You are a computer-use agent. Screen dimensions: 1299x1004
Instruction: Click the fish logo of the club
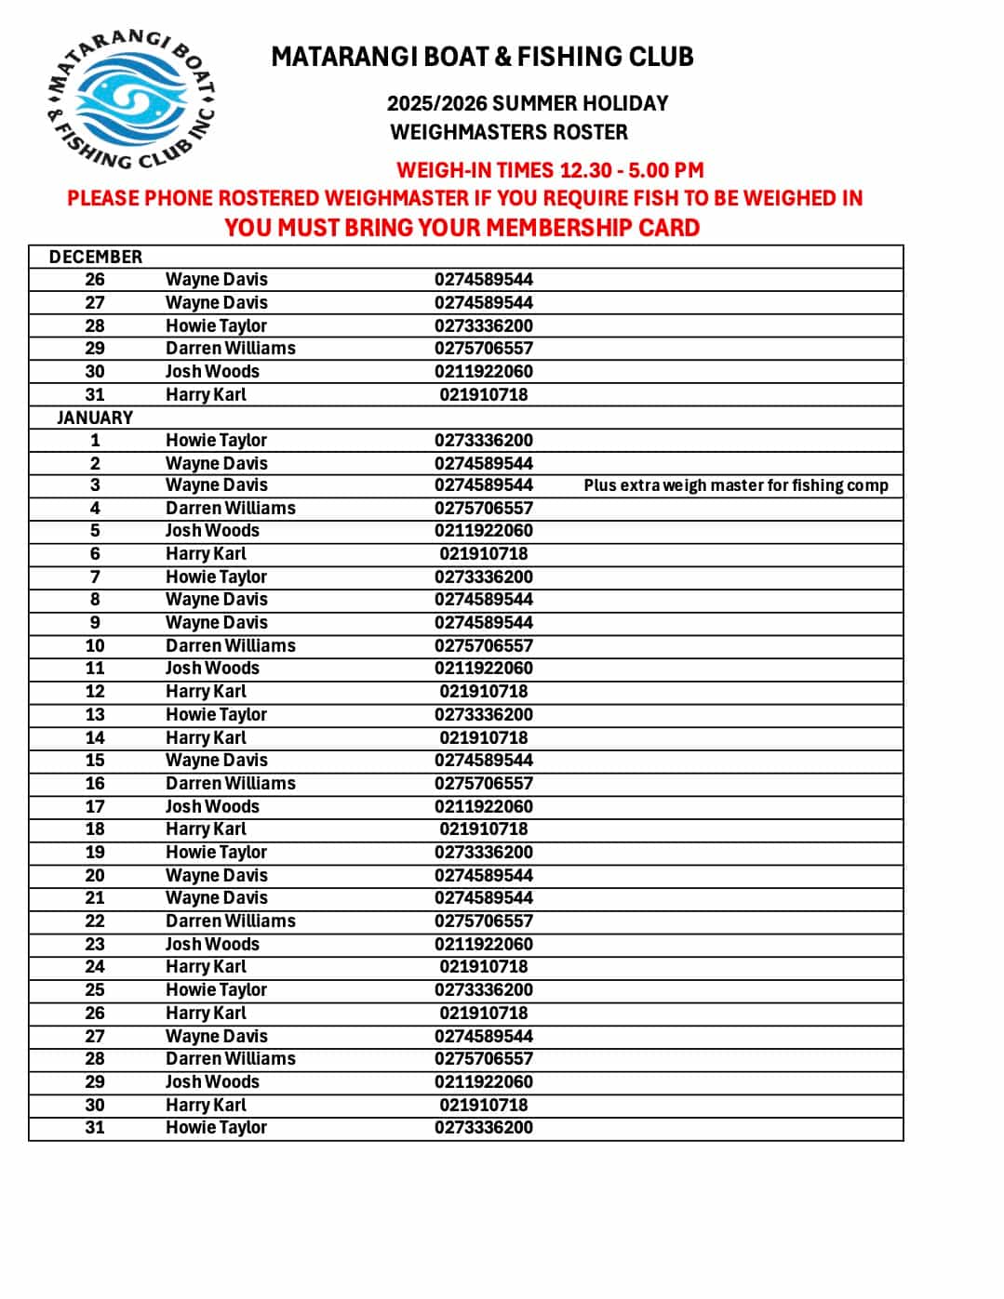(x=131, y=99)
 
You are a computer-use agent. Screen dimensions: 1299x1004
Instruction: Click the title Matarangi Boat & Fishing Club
(x=482, y=58)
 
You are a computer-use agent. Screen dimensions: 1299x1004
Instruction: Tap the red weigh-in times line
(x=550, y=170)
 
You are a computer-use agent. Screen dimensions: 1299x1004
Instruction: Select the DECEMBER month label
(x=96, y=257)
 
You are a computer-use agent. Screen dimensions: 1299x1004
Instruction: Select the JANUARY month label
(x=95, y=418)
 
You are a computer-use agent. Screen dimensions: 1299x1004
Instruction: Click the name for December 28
(x=216, y=325)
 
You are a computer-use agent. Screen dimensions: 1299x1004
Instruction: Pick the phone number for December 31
(x=484, y=394)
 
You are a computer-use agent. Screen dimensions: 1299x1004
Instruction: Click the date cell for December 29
(x=95, y=348)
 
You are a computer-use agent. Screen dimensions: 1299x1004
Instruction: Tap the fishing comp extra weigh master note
(x=735, y=485)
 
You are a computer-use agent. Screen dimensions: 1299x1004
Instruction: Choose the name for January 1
(x=216, y=440)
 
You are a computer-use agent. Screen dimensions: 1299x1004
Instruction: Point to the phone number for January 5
(x=484, y=530)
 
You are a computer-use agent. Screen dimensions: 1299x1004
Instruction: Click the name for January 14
(x=206, y=737)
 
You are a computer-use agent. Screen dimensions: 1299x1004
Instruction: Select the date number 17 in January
(x=95, y=806)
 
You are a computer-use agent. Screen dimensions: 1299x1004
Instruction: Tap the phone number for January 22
(x=484, y=921)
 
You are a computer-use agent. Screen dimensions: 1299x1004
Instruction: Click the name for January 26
(x=206, y=1013)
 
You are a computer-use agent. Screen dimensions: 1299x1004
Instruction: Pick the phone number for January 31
(x=484, y=1127)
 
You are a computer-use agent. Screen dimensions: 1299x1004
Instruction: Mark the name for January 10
(x=231, y=645)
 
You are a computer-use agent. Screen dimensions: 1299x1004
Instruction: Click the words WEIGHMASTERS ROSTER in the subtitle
(x=509, y=132)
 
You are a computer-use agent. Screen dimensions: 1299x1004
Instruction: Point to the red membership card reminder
(x=462, y=228)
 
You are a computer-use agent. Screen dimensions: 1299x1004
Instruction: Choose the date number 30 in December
(x=95, y=371)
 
